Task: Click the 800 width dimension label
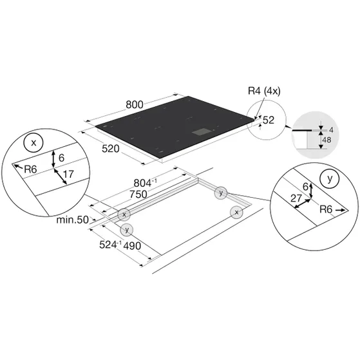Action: (x=135, y=105)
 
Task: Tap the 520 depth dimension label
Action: (x=111, y=149)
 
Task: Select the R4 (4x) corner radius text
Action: (x=264, y=91)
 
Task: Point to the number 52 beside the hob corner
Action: (x=269, y=120)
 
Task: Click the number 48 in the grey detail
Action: (x=327, y=140)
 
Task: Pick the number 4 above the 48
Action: (x=331, y=130)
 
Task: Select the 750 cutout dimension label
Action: (x=138, y=194)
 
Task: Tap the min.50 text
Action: (x=73, y=220)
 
